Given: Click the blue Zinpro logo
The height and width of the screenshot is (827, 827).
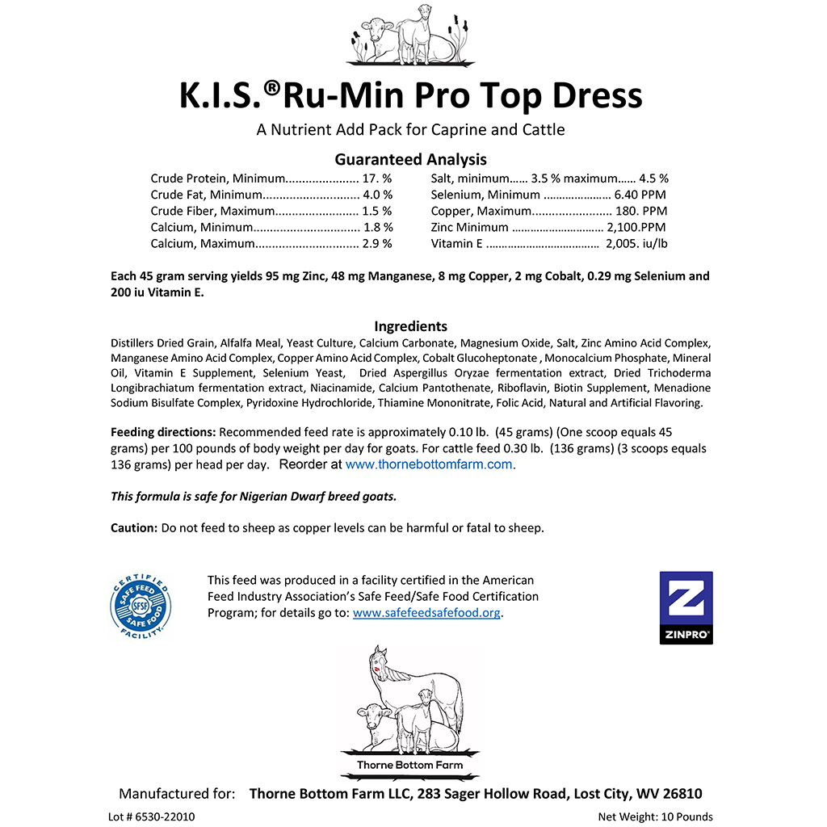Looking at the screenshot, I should click(x=686, y=607).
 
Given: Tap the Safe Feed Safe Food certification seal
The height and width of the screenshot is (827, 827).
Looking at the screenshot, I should click(x=141, y=608).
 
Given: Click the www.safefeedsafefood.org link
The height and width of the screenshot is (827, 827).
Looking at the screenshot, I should click(x=427, y=613).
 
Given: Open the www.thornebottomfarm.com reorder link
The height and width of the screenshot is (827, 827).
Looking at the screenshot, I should click(x=429, y=464).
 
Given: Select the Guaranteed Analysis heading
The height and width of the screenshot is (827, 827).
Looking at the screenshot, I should click(x=410, y=159).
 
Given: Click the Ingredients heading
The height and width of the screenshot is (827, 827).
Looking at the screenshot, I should click(x=410, y=326).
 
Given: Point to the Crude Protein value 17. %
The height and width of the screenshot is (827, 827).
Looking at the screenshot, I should click(x=377, y=178).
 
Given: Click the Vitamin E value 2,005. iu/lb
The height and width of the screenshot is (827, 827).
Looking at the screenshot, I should click(x=636, y=243).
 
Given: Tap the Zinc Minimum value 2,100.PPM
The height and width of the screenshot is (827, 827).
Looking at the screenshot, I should click(x=636, y=227).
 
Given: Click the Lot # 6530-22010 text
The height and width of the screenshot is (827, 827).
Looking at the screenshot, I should click(x=151, y=817).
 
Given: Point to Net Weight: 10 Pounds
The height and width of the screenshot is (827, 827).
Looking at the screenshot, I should click(x=655, y=817).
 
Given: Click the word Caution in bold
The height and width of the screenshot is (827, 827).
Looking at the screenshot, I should click(x=133, y=528).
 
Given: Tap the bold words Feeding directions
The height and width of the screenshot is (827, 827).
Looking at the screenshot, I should click(x=163, y=432).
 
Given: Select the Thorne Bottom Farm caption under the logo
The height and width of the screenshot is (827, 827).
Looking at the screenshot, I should click(x=409, y=765).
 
